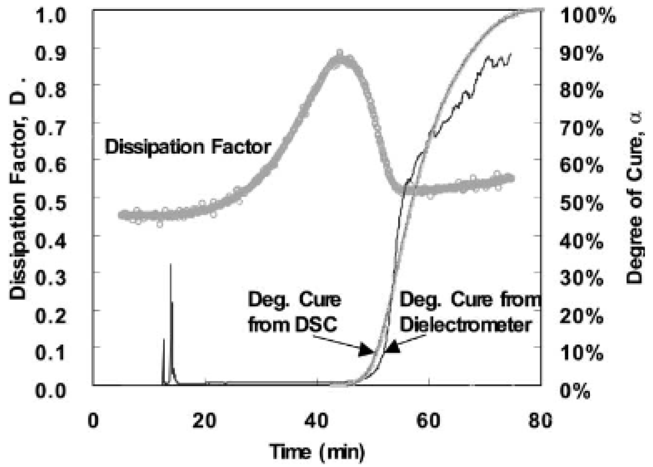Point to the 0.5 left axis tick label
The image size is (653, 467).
[x=51, y=202]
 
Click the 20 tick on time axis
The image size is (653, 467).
[x=204, y=421]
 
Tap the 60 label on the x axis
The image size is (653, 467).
[x=428, y=421]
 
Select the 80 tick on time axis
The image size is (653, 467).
[x=540, y=421]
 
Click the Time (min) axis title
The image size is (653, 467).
[x=318, y=452]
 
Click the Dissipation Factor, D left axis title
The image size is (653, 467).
[x=18, y=188]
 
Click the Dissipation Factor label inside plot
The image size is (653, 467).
[x=188, y=147]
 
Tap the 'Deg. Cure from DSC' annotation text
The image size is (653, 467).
[x=294, y=312]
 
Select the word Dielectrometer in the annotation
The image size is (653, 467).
[x=466, y=325]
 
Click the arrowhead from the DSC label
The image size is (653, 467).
[x=366, y=350]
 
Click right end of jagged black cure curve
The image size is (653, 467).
[x=511, y=54]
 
